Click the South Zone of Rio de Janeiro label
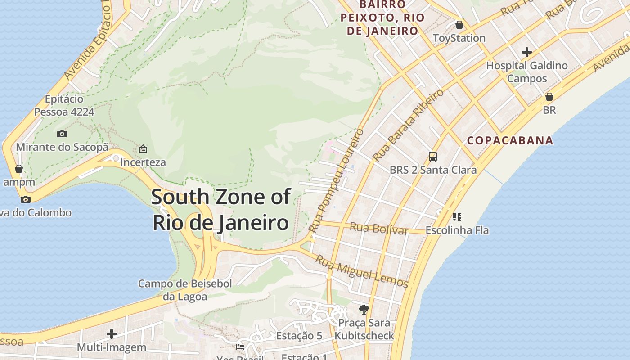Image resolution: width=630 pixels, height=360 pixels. tap(220, 210)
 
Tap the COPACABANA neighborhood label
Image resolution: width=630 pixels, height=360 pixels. tap(510, 140)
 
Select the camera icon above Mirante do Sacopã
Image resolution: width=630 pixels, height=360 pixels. tap(62, 134)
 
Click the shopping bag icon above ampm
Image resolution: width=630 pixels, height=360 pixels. tap(18, 169)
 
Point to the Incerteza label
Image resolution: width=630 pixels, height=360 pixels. tap(143, 162)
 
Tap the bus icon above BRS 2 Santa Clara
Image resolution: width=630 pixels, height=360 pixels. tap(432, 157)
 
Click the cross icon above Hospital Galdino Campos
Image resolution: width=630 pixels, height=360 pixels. tap(526, 52)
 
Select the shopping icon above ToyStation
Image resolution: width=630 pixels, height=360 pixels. tap(459, 25)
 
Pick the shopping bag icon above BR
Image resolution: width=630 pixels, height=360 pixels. tap(549, 97)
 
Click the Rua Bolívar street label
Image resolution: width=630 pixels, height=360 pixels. tap(378, 229)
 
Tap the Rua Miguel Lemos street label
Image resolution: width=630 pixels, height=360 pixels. tap(361, 271)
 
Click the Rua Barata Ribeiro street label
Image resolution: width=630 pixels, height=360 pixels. tap(408, 125)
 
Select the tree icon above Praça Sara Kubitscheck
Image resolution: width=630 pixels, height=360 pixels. tap(364, 309)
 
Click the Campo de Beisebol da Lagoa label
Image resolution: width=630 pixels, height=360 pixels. tap(185, 290)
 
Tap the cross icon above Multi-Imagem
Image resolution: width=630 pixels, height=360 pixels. tap(112, 334)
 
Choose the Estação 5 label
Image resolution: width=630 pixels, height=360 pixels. tap(299, 336)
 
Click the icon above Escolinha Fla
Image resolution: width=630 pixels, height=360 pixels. tap(457, 217)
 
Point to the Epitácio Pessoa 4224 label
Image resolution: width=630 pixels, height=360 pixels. tap(64, 105)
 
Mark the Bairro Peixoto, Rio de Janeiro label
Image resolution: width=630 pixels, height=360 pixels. tap(382, 18)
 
